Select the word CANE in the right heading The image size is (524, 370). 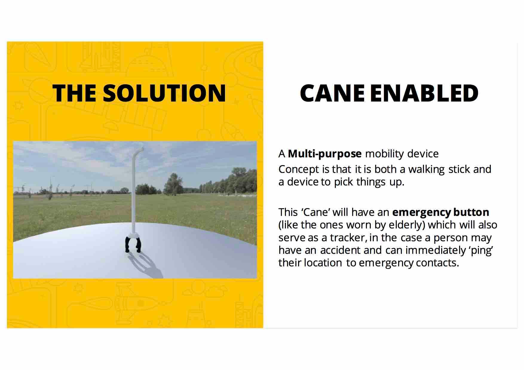(332, 93)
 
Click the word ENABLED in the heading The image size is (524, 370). (424, 93)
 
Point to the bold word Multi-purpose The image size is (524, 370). (324, 154)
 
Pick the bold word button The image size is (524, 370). (471, 212)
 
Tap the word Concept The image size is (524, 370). (299, 169)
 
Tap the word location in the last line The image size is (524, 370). (323, 263)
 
